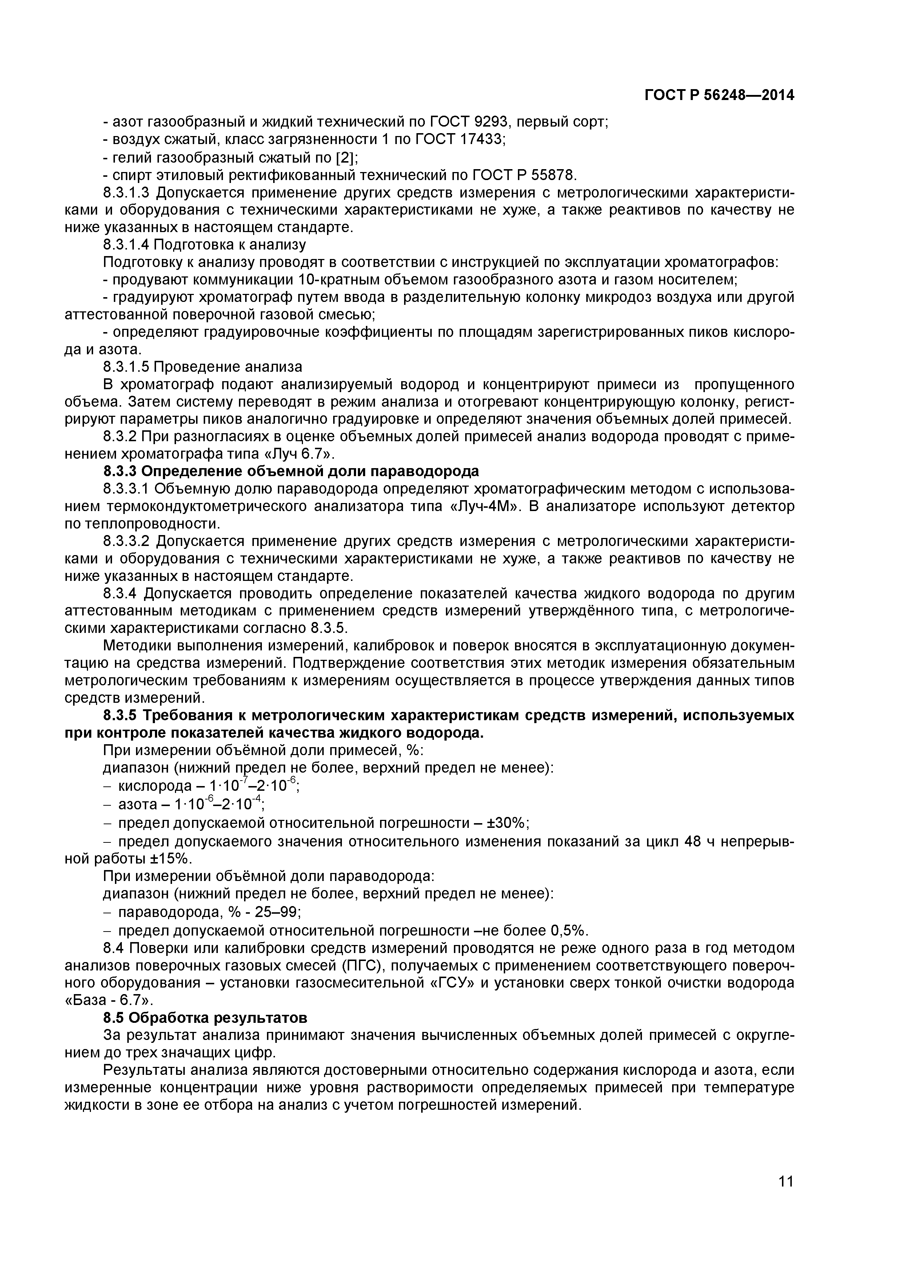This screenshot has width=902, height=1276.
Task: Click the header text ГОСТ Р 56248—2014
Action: coord(719,96)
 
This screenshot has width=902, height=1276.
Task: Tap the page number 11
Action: coord(785,1197)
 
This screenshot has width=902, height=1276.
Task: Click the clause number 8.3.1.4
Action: coord(126,244)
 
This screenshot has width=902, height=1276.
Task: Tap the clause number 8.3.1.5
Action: coord(126,367)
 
